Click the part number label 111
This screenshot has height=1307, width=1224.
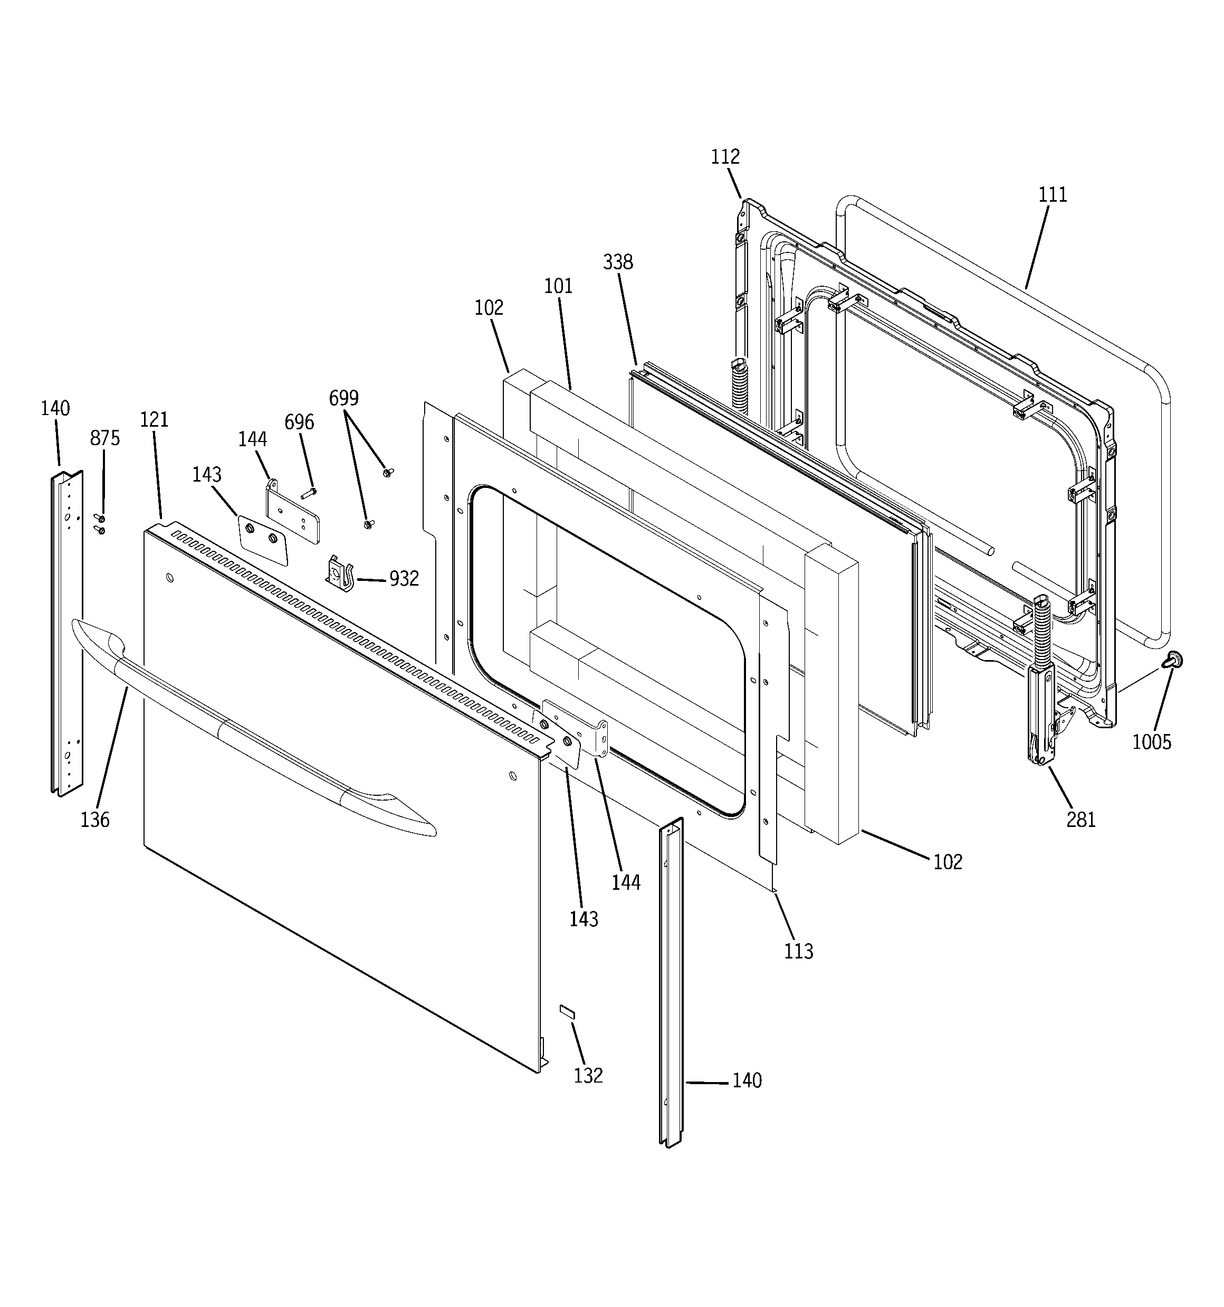tap(1053, 195)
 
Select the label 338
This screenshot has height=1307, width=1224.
tap(618, 262)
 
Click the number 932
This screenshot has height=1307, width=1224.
tap(404, 579)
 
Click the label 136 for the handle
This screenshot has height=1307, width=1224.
tap(95, 819)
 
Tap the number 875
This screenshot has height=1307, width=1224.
tap(105, 438)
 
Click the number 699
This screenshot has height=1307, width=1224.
tap(343, 398)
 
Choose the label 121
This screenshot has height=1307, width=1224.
tap(155, 419)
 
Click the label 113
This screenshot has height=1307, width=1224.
tap(798, 951)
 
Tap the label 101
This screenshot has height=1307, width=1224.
tap(559, 286)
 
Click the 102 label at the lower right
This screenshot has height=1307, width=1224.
tap(948, 861)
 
